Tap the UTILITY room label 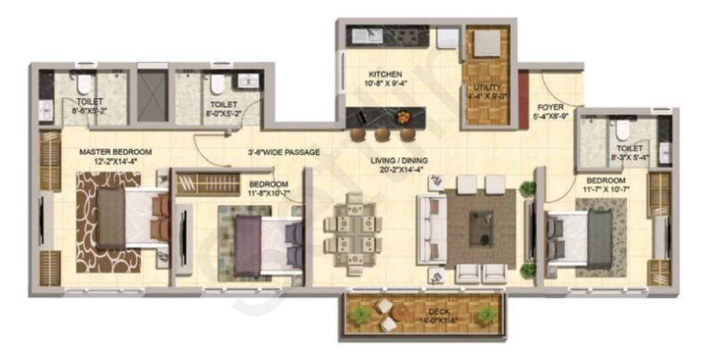point(489,87)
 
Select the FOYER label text point(547,107)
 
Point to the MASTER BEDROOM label point(115,152)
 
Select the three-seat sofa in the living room point(431,229)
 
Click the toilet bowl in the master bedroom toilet point(84,84)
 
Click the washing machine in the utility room point(486,43)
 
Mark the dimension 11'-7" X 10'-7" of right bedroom point(605,189)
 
